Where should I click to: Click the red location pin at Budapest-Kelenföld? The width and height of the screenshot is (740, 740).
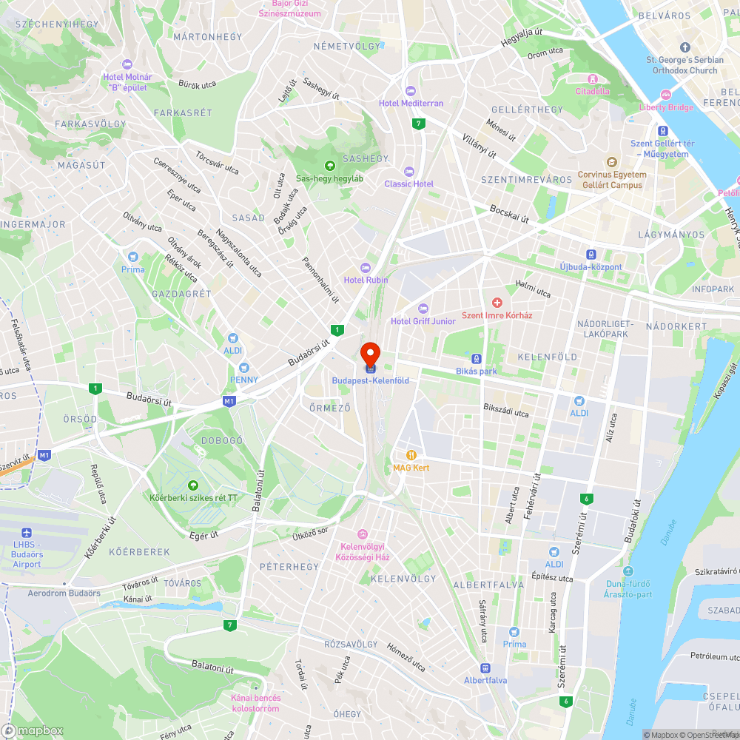pos(370,353)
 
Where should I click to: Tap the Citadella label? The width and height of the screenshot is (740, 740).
pos(593,91)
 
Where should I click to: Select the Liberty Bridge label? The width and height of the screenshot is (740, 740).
pos(666,107)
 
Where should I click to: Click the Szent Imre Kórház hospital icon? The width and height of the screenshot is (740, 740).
pos(497,302)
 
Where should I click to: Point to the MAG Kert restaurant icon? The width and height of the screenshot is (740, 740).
pos(411,455)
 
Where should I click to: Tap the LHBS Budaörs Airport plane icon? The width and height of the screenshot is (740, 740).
pos(27,534)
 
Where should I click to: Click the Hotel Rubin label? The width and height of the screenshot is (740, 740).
pos(366,280)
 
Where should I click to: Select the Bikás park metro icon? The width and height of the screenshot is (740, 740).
pos(477,358)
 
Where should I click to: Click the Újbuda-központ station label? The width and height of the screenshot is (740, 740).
pos(591,266)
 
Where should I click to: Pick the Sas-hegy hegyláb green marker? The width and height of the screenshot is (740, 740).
pos(330,165)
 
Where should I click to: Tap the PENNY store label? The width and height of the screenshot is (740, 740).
pos(243,380)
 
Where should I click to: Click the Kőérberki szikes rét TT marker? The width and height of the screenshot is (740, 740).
pos(193,485)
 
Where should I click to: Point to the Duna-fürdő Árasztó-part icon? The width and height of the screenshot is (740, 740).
pos(628,571)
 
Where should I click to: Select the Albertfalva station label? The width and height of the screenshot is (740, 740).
pos(485,680)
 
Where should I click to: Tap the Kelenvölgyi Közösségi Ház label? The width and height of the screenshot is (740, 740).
pos(363,552)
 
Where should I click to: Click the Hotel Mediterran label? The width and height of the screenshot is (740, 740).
pos(411,103)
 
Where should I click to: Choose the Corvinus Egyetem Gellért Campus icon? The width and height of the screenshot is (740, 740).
pos(611,162)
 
